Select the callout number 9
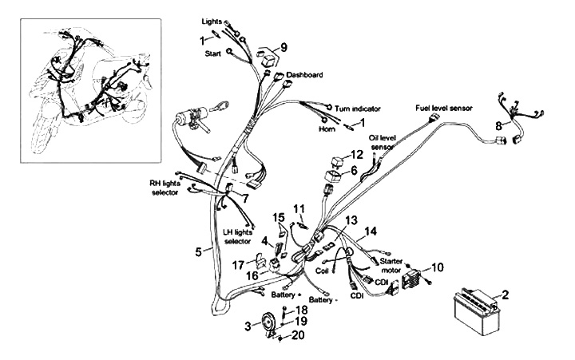click(284, 45)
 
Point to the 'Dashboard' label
click(304, 74)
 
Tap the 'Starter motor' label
click(391, 265)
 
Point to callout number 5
click(197, 252)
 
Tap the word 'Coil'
click(322, 271)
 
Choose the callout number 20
click(299, 334)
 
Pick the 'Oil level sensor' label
click(382, 142)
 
